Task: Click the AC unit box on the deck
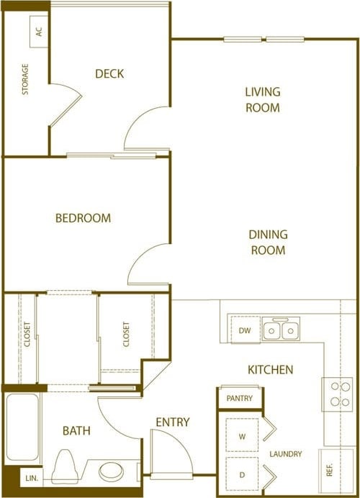[39, 31]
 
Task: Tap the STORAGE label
[26, 80]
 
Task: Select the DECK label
[109, 73]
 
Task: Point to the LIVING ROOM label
[262, 99]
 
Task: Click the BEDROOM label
[83, 218]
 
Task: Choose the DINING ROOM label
[268, 242]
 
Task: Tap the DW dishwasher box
[245, 330]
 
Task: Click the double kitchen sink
[281, 330]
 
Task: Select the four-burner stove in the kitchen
[336, 394]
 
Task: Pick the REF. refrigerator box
[330, 470]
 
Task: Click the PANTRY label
[239, 398]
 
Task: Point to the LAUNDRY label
[286, 454]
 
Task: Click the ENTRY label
[172, 422]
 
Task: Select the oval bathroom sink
[111, 472]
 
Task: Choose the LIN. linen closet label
[31, 477]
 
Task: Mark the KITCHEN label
[270, 370]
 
